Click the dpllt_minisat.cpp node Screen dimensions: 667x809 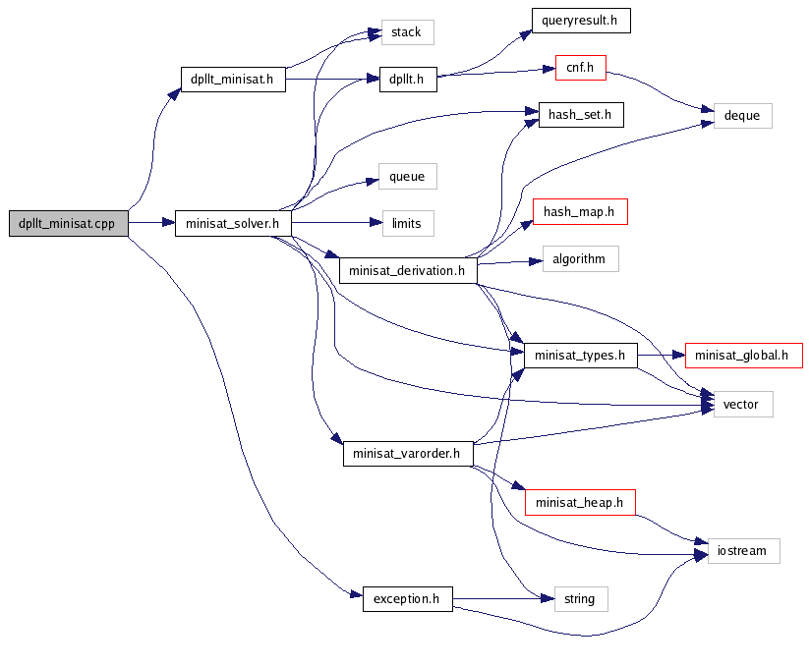[67, 223]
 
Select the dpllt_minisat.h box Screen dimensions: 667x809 [232, 80]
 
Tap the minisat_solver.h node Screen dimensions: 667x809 [233, 223]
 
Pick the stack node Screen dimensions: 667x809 [406, 32]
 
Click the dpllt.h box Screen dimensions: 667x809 [407, 80]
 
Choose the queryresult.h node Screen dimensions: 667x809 [580, 21]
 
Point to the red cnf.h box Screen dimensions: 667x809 [580, 68]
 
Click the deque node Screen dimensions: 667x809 [742, 115]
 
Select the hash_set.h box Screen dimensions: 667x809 [580, 115]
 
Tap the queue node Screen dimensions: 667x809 [407, 177]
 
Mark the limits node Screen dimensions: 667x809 [407, 223]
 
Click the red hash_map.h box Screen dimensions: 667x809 [579, 211]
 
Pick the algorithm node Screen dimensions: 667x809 [580, 259]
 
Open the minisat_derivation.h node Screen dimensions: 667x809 [407, 270]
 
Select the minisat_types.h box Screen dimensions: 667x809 [580, 356]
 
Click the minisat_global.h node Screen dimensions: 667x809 [743, 356]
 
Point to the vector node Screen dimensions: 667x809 [742, 403]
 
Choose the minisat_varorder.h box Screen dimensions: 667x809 [407, 455]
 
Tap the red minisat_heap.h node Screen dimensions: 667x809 [579, 503]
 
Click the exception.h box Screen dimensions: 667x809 [407, 597]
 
